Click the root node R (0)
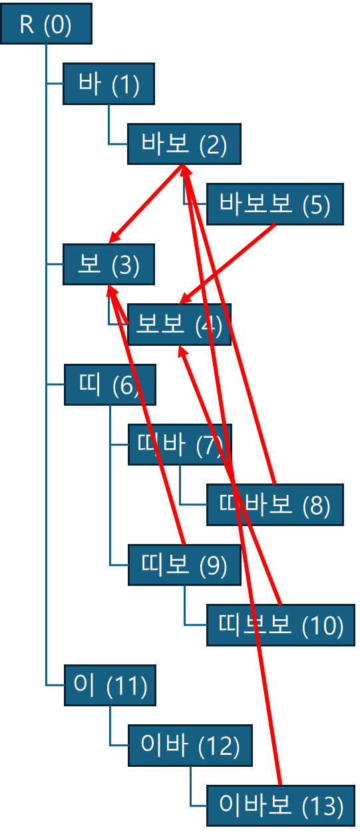[x=47, y=24]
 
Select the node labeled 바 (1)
[x=108, y=84]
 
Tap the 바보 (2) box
[x=184, y=144]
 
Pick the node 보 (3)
[x=108, y=264]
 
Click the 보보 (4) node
[x=179, y=325]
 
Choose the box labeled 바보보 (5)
[x=275, y=204]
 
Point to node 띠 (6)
[x=110, y=385]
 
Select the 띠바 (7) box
[x=180, y=444]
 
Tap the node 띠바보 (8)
[x=275, y=505]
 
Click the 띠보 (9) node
[x=184, y=565]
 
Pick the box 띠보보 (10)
[x=280, y=625]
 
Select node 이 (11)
[x=110, y=685]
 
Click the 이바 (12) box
[x=190, y=746]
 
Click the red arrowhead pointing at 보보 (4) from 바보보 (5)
[x=186, y=299]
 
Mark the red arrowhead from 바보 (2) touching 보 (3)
[x=114, y=237]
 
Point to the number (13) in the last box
[x=322, y=806]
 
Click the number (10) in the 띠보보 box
[x=322, y=626]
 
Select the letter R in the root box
[x=27, y=25]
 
